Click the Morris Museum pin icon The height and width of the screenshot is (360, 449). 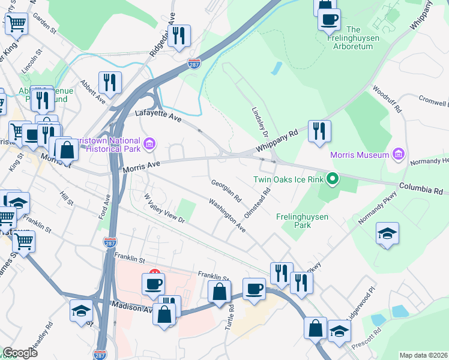[397, 155]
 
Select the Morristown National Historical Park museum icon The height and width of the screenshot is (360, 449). [150, 143]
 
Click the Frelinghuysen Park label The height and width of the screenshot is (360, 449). [302, 221]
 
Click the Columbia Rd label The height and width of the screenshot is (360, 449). [423, 189]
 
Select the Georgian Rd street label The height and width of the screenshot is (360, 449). [226, 190]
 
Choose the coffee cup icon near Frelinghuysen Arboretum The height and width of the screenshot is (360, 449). [329, 19]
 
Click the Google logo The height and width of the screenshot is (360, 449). [20, 353]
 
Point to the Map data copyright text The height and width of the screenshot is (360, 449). [423, 355]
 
